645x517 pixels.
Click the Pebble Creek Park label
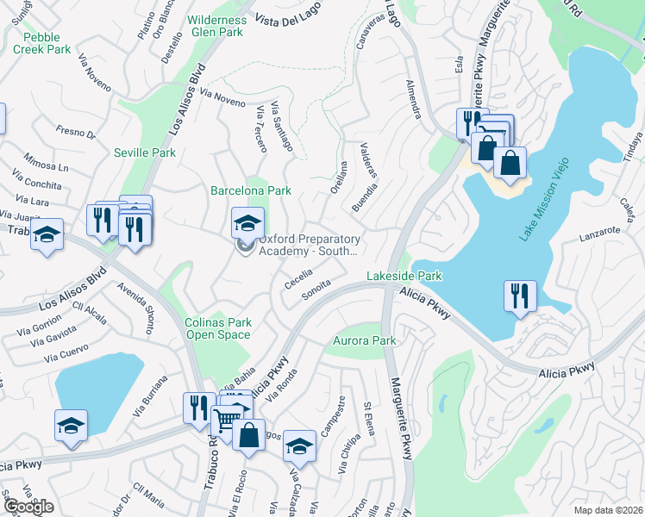47,43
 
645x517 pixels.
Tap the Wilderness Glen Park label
218,25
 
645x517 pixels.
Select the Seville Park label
145,153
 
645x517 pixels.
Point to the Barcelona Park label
251,190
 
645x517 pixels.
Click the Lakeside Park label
404,276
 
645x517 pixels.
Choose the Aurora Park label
365,341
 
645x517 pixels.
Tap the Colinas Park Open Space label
218,329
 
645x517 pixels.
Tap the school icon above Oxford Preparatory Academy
247,224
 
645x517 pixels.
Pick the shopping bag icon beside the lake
510,163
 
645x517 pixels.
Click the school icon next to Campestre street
299,445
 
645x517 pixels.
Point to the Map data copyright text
609,510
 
